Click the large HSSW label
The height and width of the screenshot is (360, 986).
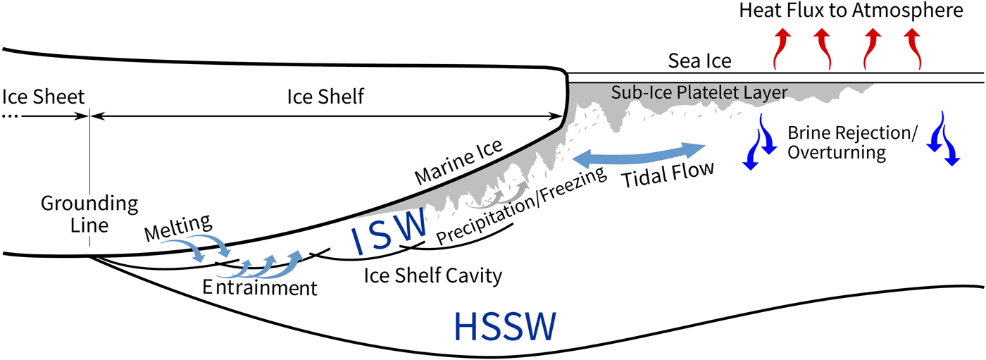click(506, 326)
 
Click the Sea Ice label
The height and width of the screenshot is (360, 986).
click(700, 62)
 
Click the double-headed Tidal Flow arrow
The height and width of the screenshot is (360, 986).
click(638, 154)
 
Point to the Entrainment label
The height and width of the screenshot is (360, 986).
click(258, 287)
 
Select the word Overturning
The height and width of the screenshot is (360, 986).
click(835, 152)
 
